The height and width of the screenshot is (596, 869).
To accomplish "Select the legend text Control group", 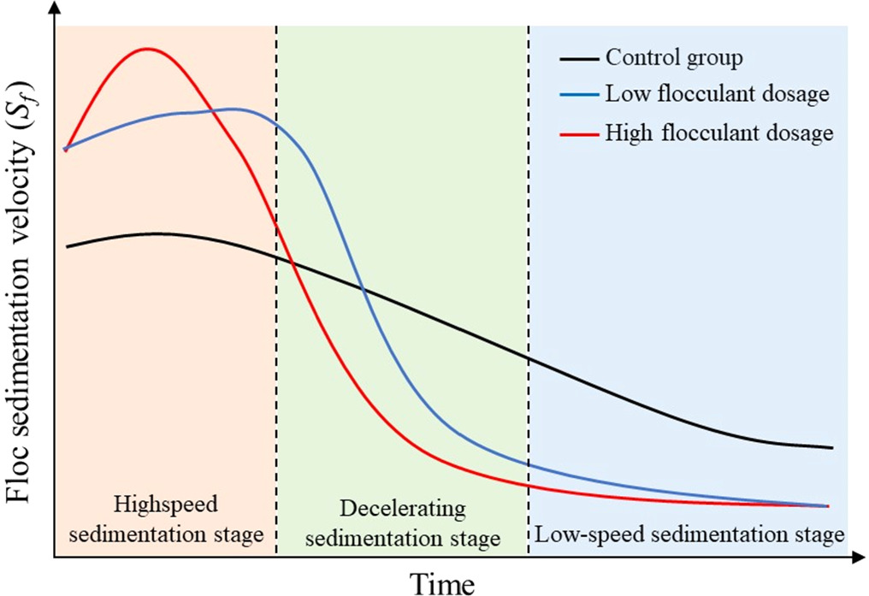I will (674, 58).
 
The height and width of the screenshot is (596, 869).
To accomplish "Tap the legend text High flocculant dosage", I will (718, 133).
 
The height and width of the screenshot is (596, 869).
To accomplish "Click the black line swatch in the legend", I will (578, 59).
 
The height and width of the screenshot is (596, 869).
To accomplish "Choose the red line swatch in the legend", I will (578, 133).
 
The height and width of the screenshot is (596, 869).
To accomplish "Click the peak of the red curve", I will (147, 48).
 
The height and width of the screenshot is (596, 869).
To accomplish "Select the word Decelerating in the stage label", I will (403, 510).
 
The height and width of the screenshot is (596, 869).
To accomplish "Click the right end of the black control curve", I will (831, 447).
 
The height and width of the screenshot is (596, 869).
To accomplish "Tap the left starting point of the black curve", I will (67, 246).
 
